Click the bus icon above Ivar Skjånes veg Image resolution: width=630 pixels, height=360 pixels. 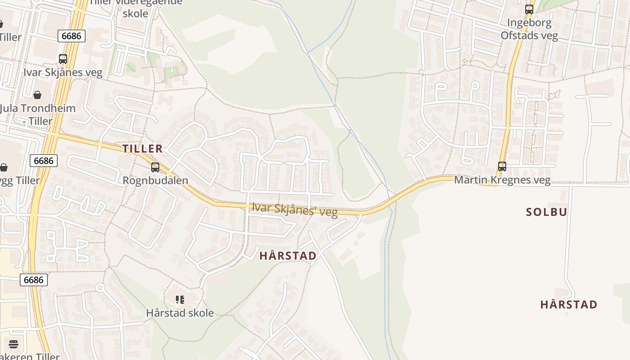pos(63,58)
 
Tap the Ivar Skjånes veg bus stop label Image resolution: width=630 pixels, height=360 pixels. pos(63,72)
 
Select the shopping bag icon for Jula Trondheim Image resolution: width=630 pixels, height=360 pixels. pos(37,94)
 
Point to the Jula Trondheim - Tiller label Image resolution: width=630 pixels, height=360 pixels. pos(38,114)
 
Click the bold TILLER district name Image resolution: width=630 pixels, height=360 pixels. pos(143,149)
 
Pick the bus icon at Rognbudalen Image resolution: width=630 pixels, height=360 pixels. pos(155,167)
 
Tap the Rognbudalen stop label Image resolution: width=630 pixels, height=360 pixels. pos(155,180)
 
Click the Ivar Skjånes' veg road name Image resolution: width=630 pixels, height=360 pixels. pos(295,209)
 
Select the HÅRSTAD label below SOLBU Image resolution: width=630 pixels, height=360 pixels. pos(569,305)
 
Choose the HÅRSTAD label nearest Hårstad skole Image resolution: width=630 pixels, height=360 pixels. pos(288,256)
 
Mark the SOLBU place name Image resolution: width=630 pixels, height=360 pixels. pos(546,212)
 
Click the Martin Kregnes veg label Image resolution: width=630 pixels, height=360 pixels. pos(502,180)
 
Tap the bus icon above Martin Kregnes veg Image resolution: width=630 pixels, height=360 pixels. pos(502,166)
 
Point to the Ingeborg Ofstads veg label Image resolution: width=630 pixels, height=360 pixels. pos(529,29)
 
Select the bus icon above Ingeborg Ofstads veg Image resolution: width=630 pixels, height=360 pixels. pos(529,9)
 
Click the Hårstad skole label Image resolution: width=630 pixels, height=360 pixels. pos(180,313)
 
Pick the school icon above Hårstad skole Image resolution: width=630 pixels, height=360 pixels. pos(180,299)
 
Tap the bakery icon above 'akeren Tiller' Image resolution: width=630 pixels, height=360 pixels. pos(13,344)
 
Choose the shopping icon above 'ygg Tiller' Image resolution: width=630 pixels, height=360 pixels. pos(4,167)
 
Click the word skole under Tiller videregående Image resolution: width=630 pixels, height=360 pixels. pos(135,13)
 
